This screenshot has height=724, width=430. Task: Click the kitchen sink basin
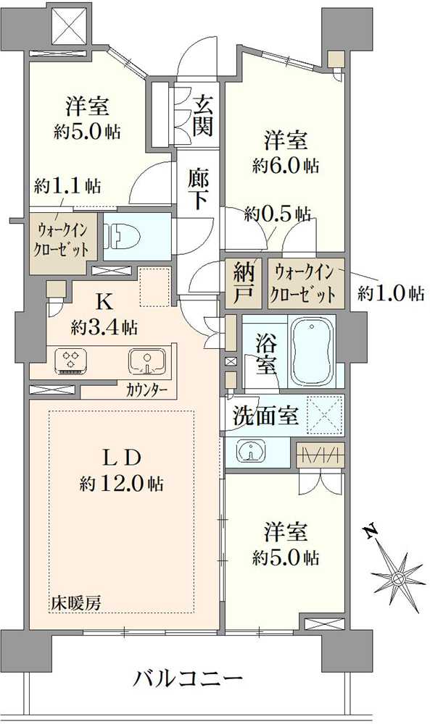(146, 359)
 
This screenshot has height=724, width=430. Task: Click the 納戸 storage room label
(244, 283)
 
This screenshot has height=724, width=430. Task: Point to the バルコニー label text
(188, 680)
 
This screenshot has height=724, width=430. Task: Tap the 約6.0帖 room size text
(285, 166)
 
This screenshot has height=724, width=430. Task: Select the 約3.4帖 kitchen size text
(105, 327)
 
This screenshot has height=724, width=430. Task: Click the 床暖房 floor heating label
(75, 601)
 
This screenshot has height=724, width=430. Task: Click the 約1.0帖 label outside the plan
(391, 294)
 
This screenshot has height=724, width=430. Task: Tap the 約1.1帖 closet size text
(67, 186)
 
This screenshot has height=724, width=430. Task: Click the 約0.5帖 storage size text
(278, 214)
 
